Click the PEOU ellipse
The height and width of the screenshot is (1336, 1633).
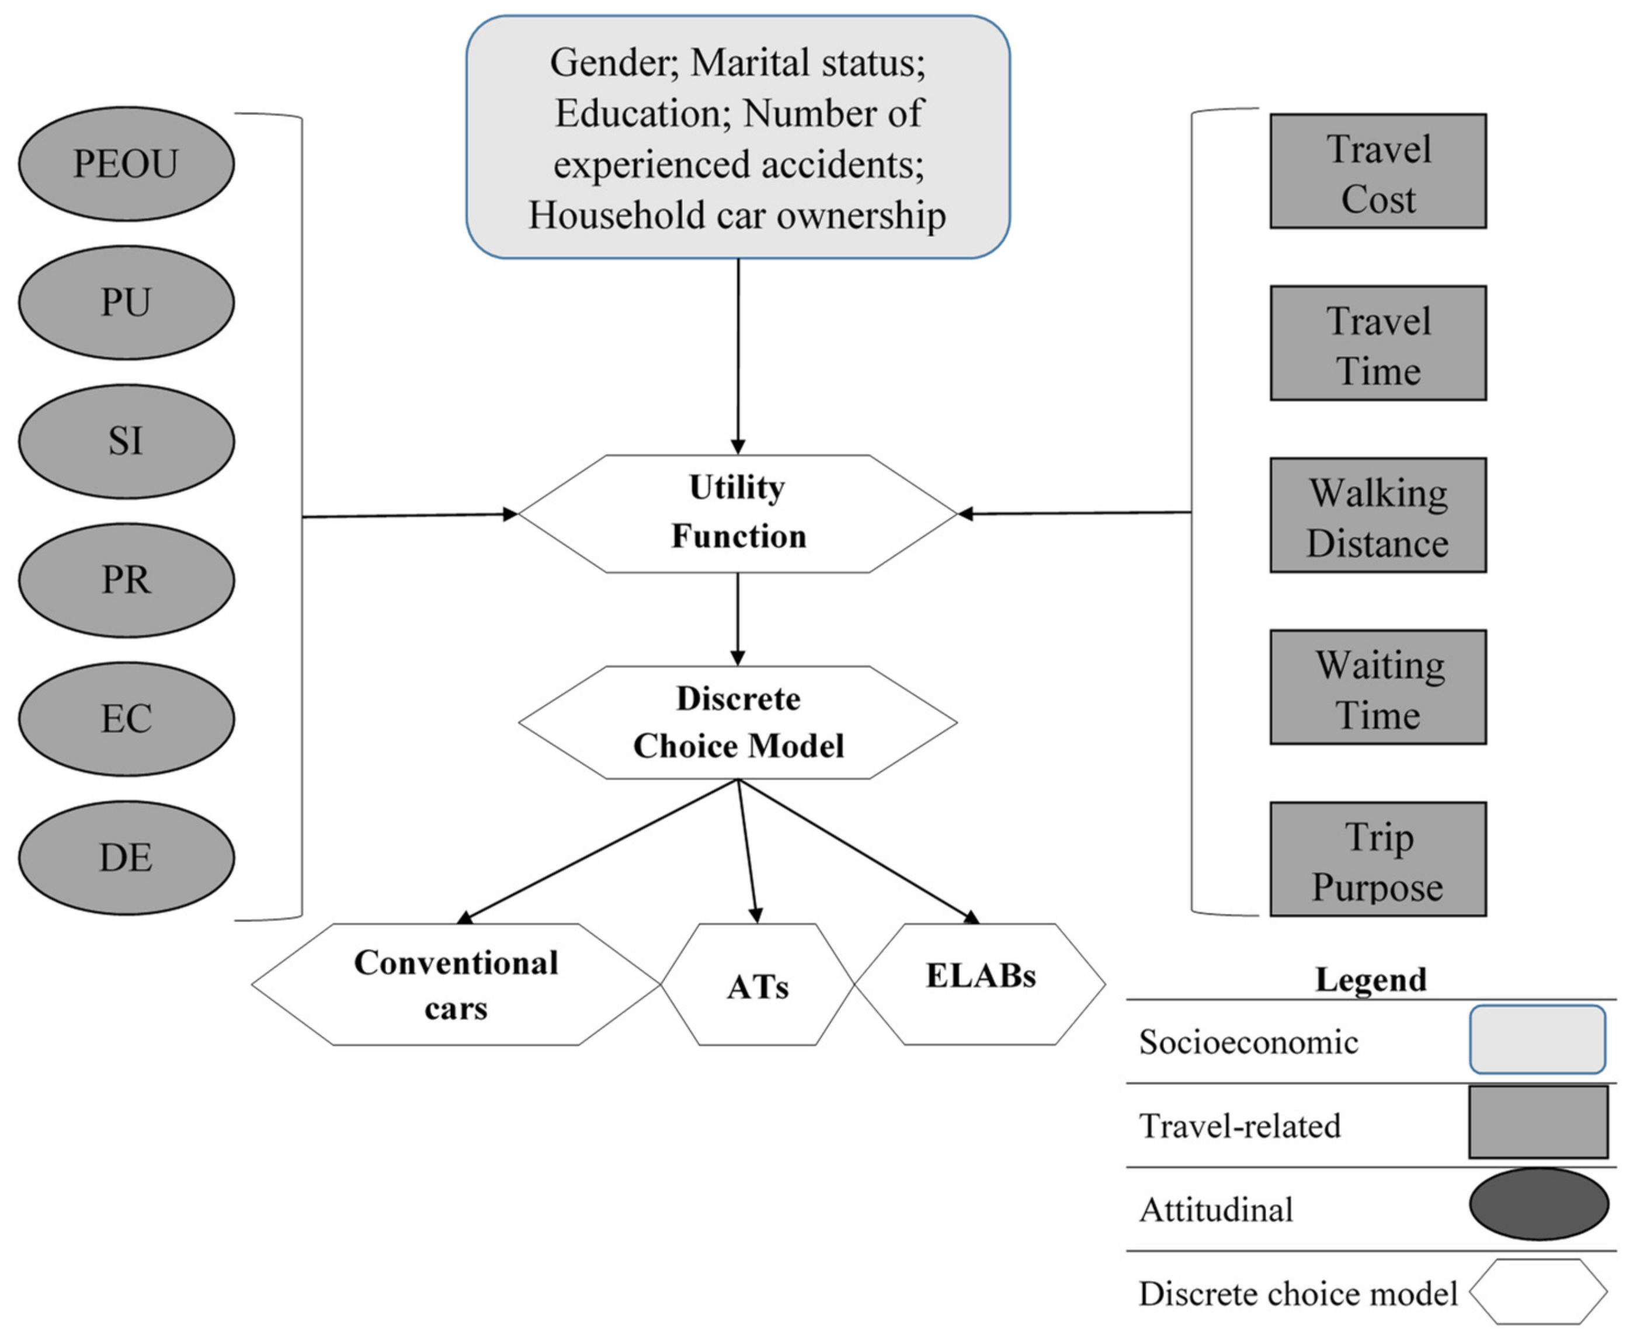pos(126,164)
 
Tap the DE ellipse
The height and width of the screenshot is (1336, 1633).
pos(126,857)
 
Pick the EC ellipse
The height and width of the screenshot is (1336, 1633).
pos(126,719)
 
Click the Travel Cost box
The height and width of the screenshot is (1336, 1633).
pos(1378,172)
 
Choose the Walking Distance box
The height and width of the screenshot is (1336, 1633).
pos(1378,516)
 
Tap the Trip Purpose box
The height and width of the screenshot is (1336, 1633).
pos(1378,860)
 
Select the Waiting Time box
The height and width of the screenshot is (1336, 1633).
pos(1378,687)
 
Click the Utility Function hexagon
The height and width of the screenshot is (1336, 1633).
pos(737,513)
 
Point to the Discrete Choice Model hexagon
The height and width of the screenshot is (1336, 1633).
pos(737,723)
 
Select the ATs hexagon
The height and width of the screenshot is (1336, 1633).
pos(758,985)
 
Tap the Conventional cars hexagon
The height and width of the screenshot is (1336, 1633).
pos(456,984)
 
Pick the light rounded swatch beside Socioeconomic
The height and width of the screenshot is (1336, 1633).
pos(1537,1039)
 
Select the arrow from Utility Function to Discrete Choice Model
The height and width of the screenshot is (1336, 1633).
pos(737,619)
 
